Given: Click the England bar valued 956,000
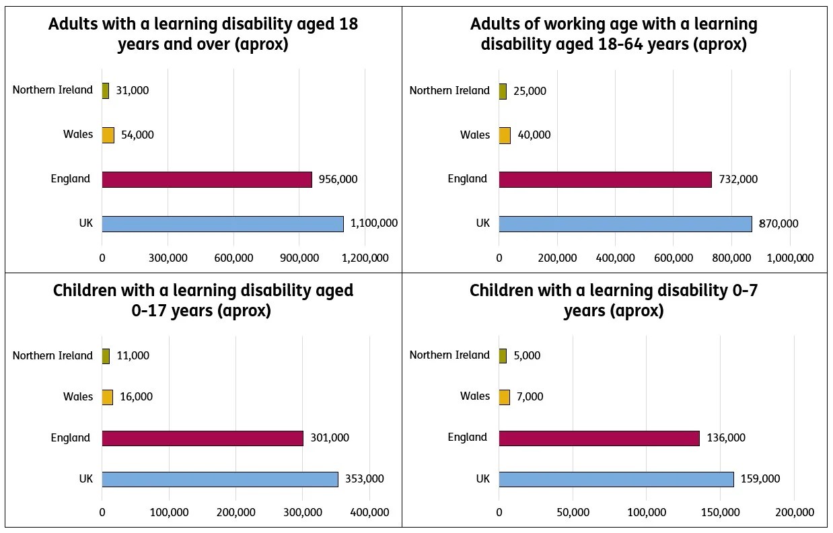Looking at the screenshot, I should click(207, 180).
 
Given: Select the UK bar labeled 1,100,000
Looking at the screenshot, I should click(223, 223).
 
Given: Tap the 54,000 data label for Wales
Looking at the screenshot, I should click(137, 135).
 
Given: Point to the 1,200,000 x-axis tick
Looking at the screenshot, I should click(365, 258).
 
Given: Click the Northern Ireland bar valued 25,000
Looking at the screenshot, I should click(503, 91).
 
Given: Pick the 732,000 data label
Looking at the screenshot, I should click(738, 179).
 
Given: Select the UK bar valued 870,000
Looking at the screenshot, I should click(625, 223).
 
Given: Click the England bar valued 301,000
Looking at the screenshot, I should click(203, 438).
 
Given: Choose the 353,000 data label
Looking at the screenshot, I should click(364, 479).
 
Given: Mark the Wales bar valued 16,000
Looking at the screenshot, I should click(107, 397).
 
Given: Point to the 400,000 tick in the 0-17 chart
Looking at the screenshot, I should click(369, 512).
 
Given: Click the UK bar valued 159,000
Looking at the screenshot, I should click(616, 479).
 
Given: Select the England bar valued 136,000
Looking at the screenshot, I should click(599, 438).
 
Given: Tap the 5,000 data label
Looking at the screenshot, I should click(527, 355).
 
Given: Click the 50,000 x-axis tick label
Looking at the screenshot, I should click(573, 512).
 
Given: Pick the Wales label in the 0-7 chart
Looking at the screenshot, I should click(475, 396).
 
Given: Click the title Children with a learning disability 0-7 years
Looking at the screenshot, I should click(614, 300).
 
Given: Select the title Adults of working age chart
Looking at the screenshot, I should click(614, 34).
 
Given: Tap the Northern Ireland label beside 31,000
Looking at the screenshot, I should click(52, 90).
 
